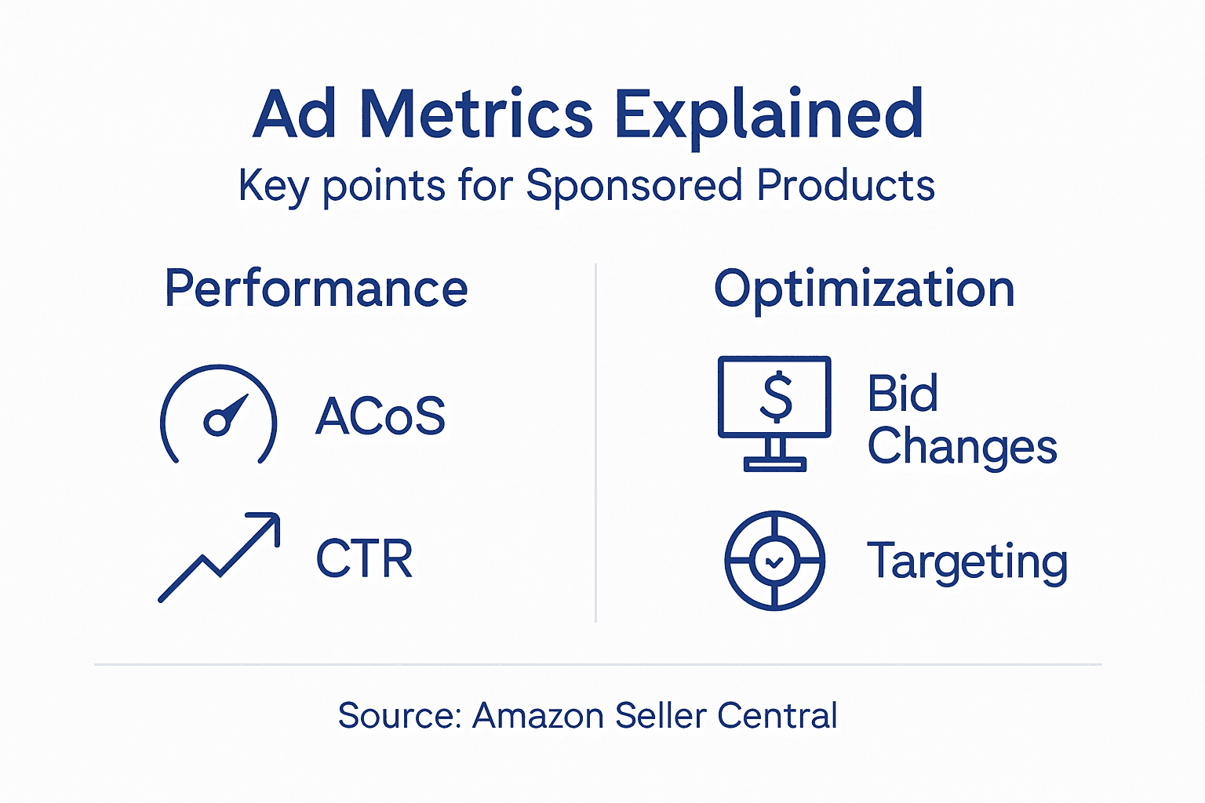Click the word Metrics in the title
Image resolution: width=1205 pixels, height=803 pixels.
click(x=476, y=114)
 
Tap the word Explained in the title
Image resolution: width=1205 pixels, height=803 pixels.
click(x=768, y=114)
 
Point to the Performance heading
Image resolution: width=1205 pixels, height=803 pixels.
click(x=315, y=289)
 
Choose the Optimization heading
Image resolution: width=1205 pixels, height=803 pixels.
click(x=864, y=289)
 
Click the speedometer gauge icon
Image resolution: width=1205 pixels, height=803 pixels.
click(x=219, y=414)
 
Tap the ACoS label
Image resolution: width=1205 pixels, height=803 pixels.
click(x=380, y=416)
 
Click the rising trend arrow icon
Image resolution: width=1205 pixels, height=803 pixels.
click(x=219, y=558)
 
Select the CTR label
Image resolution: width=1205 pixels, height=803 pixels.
click(x=364, y=558)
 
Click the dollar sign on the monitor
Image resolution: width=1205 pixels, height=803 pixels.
click(x=776, y=397)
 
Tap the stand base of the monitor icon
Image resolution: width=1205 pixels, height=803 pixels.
click(x=775, y=464)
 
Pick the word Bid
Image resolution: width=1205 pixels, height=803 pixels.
click(x=902, y=393)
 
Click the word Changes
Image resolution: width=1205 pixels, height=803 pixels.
click(x=962, y=447)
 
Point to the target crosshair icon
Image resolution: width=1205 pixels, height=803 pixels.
click(x=774, y=561)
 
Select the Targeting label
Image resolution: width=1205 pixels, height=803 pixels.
click(x=967, y=561)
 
